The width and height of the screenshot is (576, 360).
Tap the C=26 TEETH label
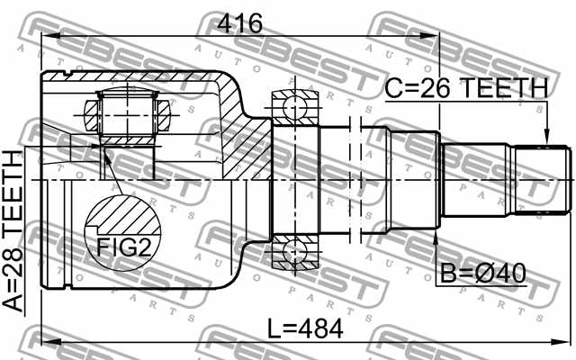pos(466,88)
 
